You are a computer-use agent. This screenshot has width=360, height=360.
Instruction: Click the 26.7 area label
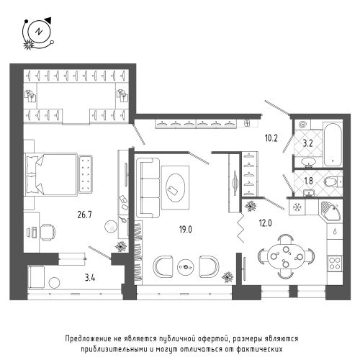[84, 215]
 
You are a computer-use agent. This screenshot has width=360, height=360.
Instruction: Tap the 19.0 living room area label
[186, 230]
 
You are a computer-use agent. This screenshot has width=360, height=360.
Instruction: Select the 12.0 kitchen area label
[265, 223]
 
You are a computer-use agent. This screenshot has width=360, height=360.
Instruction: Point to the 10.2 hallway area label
[271, 138]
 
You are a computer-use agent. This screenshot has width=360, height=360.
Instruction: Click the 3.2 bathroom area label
[307, 143]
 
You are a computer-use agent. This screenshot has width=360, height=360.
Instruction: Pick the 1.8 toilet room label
[308, 181]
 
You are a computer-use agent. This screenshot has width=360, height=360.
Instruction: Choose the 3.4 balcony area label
[90, 278]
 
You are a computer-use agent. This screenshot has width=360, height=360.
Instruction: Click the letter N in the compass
[38, 32]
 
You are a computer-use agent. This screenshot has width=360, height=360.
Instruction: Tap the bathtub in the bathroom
[333, 145]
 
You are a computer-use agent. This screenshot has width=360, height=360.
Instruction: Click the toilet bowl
[332, 182]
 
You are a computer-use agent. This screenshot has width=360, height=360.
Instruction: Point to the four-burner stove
[335, 263]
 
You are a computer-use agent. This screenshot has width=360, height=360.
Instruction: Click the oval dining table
[286, 257]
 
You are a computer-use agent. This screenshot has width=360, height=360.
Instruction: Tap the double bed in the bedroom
[51, 174]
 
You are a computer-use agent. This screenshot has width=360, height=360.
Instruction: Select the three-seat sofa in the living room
[148, 188]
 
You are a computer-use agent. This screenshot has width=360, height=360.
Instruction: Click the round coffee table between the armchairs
[185, 266]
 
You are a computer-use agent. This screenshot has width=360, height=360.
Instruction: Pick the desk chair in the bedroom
[48, 232]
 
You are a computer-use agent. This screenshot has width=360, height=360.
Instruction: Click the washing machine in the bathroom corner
[302, 125]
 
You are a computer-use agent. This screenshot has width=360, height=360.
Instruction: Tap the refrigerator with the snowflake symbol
[297, 207]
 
